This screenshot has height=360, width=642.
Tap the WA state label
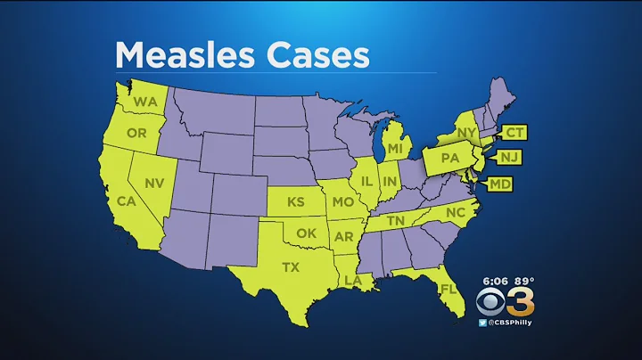pos(145,102)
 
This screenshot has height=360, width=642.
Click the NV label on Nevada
pos(155,183)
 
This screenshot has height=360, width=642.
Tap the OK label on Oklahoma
pos(307,233)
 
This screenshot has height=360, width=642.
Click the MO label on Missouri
pos(342,202)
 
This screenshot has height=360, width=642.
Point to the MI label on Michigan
pos(395,145)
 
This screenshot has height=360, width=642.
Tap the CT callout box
pos(514,133)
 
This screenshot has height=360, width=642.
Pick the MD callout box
pos(501,184)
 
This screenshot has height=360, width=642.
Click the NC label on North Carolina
pos(457,214)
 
